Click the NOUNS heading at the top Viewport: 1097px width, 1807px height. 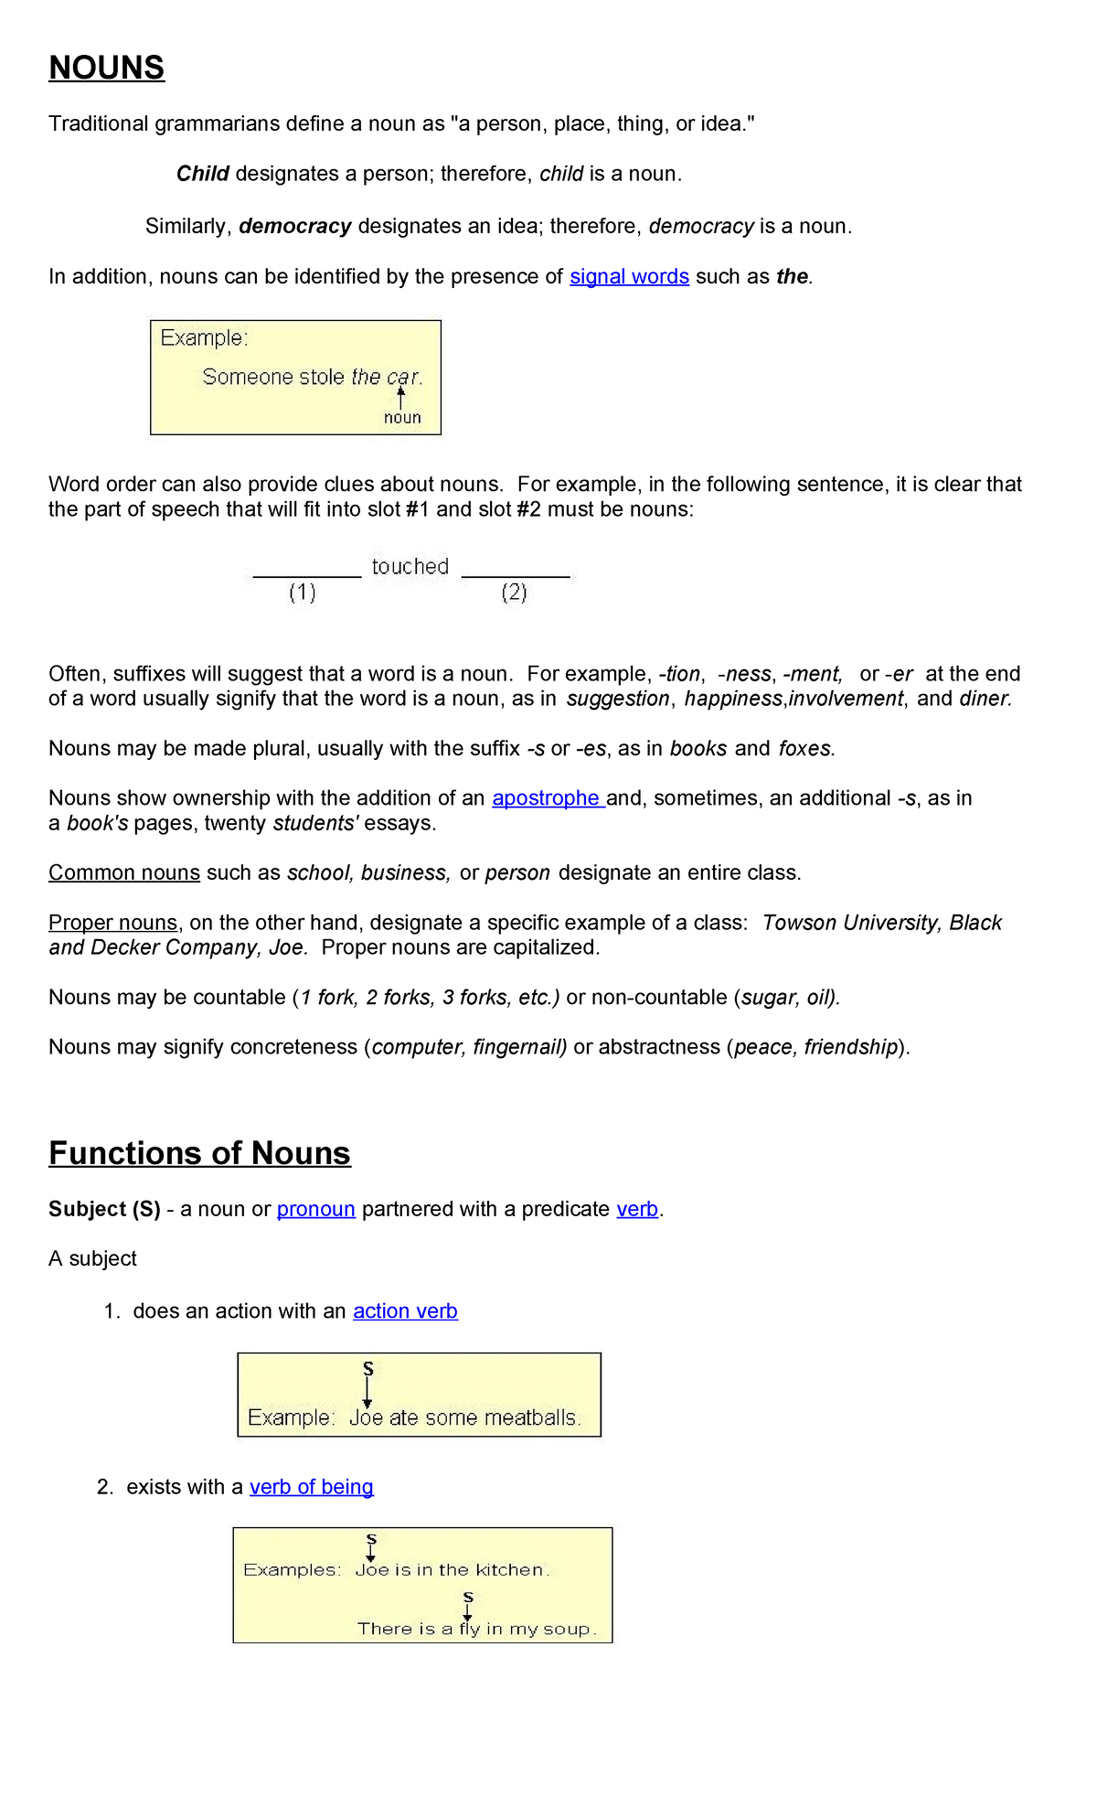coord(106,68)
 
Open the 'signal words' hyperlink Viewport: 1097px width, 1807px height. coord(629,276)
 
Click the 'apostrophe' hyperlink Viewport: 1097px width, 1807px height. coord(547,797)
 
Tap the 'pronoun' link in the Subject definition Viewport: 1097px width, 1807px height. coord(315,1209)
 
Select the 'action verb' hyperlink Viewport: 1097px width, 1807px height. coord(405,1310)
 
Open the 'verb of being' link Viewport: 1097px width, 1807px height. coord(311,1486)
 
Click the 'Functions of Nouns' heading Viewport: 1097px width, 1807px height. coord(199,1153)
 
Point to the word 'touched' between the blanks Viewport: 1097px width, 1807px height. coord(410,566)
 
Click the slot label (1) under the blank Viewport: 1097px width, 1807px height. coord(303,593)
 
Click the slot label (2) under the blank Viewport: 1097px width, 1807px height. coord(514,593)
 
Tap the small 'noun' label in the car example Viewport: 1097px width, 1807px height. coord(402,418)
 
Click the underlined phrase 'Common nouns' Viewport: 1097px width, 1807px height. coord(124,872)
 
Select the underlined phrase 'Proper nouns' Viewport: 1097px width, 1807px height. coord(113,922)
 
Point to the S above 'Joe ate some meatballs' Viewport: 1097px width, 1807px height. coord(368,1368)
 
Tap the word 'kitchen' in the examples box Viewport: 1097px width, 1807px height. coord(510,1569)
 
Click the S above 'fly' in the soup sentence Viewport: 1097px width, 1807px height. coord(468,1597)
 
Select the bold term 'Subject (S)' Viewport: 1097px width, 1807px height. coord(104,1209)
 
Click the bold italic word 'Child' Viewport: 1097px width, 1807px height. coord(202,174)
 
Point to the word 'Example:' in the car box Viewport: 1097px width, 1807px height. coord(204,338)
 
